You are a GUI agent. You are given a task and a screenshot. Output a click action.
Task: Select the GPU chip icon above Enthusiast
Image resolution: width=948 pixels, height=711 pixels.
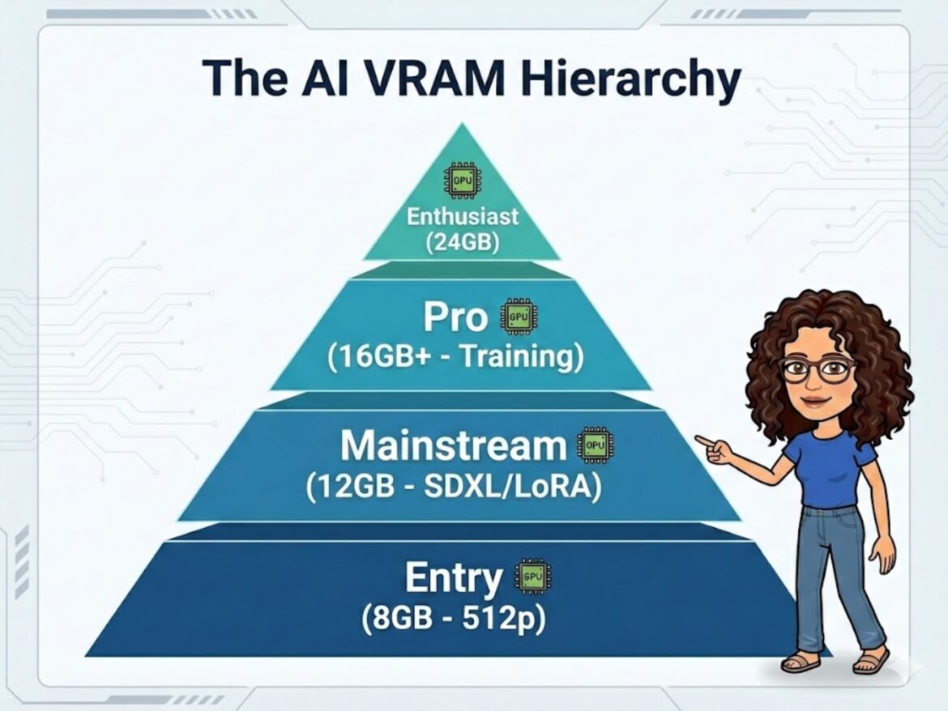coord(463,180)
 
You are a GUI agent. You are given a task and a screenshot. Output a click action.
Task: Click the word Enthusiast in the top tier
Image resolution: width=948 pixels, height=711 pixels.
coord(462,215)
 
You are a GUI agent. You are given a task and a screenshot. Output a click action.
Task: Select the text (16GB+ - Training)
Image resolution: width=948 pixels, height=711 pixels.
coord(456,356)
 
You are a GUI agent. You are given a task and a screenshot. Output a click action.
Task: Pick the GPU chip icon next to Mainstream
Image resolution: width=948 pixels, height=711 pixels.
coord(596,445)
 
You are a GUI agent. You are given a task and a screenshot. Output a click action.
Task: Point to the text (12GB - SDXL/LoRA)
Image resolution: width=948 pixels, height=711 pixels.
coord(454,487)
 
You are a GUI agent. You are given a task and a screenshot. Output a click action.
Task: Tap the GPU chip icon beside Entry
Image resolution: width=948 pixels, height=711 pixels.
coord(532,577)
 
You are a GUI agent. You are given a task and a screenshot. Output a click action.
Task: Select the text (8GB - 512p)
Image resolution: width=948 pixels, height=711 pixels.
coord(454,618)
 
